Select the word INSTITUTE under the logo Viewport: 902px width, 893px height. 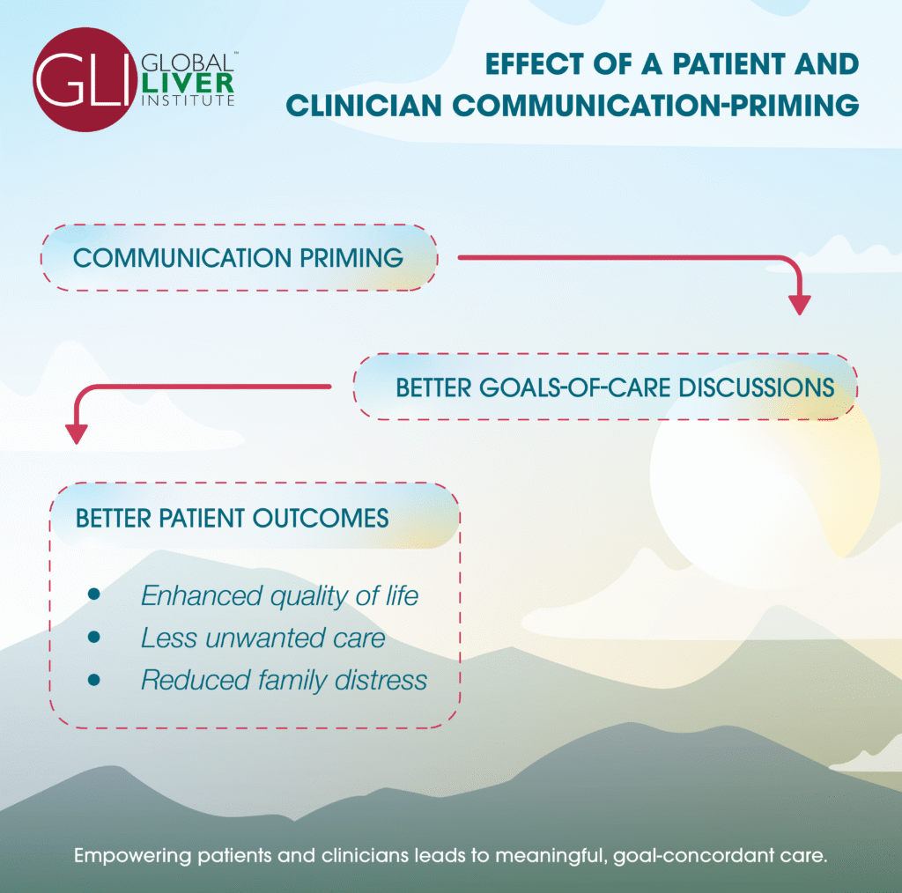(x=187, y=100)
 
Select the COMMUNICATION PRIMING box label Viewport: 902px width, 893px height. (x=238, y=258)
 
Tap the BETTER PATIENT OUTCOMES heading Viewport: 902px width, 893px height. (x=233, y=518)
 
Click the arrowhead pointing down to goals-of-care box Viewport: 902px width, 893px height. (x=799, y=304)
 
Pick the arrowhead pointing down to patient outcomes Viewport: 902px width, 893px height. (x=77, y=433)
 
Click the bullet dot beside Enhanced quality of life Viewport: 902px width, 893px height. (x=94, y=595)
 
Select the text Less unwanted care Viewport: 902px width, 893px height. (x=262, y=638)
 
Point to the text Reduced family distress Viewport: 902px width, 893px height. (x=284, y=680)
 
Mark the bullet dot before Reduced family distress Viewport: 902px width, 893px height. (x=94, y=680)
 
